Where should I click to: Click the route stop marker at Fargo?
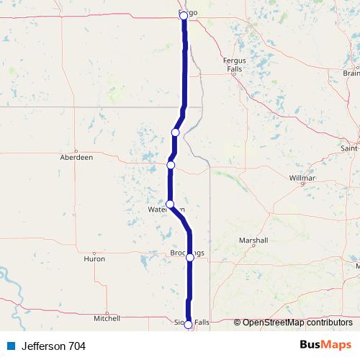[183, 15]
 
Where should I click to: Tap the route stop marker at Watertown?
[170, 204]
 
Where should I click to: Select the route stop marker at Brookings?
[190, 257]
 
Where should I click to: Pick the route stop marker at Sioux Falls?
[189, 325]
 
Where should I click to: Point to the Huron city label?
[94, 258]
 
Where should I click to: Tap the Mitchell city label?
[107, 318]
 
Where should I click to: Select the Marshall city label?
[256, 240]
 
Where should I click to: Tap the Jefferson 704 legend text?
[53, 346]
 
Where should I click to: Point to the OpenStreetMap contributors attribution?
[296, 322]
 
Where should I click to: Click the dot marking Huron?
[94, 251]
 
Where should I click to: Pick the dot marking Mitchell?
[107, 310]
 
